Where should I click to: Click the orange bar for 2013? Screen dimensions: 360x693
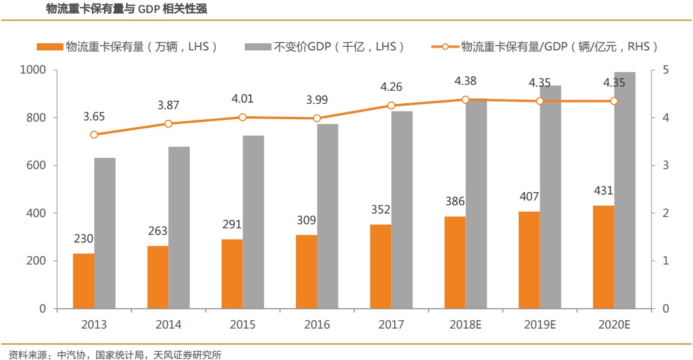[84, 281]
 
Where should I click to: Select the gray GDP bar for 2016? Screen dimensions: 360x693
[327, 216]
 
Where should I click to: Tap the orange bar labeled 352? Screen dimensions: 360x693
[381, 266]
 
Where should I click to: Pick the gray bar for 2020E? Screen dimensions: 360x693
[625, 190]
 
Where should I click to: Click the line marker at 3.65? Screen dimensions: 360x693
[94, 135]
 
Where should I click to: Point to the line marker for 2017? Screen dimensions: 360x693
[391, 106]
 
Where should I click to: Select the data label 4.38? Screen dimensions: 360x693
[465, 81]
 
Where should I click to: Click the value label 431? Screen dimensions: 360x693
[603, 191]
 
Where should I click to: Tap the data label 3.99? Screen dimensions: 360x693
[317, 100]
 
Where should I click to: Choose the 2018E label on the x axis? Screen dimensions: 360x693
[465, 325]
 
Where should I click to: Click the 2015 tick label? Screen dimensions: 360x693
[242, 325]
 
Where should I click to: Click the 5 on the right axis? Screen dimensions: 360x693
[665, 70]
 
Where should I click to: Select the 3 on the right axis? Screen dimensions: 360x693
[665, 165]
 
